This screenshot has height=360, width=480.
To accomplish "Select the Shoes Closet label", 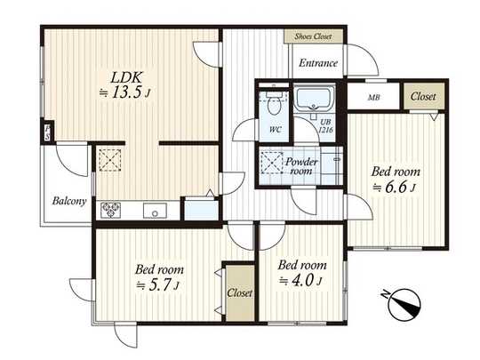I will tap(308, 36).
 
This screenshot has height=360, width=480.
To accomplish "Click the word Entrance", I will tap(317, 63).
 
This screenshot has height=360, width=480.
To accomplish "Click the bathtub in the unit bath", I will tap(312, 100).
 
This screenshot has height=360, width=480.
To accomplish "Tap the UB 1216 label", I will tap(325, 125).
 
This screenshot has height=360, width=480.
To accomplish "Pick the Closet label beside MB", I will tap(421, 96).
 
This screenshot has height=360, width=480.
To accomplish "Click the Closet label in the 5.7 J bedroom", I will tap(238, 292).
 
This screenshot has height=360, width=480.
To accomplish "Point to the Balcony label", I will tap(68, 201).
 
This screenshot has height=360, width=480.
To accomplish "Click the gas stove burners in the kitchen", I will tap(113, 211).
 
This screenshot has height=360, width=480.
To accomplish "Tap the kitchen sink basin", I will tap(153, 212).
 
